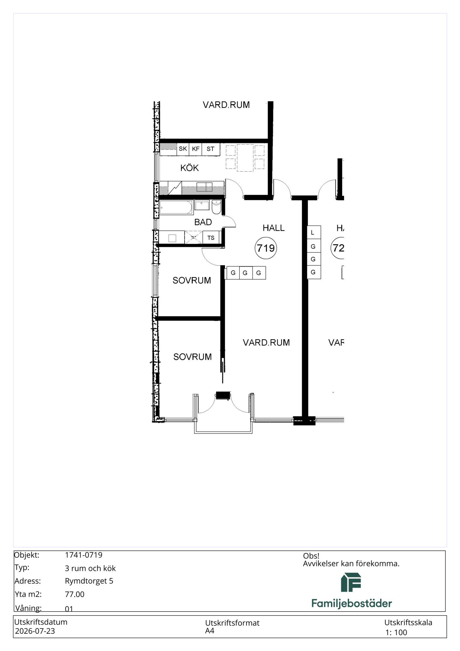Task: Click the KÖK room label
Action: coord(189,168)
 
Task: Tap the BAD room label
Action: coord(203,222)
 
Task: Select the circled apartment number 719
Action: coord(266,248)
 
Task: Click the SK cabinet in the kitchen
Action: coord(183,149)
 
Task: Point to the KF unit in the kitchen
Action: coord(195,149)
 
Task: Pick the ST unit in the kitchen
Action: coord(211,149)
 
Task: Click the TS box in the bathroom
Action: coord(211,238)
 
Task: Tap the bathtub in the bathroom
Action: coord(176,207)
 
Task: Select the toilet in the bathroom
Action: coord(216,207)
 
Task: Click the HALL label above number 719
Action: coord(273,228)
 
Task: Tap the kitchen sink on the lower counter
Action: coord(204,187)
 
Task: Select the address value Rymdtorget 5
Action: coord(89,581)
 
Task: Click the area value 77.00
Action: coord(75,594)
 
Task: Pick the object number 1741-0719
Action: coord(84,555)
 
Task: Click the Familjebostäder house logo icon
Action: coord(351,582)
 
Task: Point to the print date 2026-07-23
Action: coord(35,631)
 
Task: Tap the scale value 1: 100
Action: coord(396,632)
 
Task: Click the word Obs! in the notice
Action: coord(311,556)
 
